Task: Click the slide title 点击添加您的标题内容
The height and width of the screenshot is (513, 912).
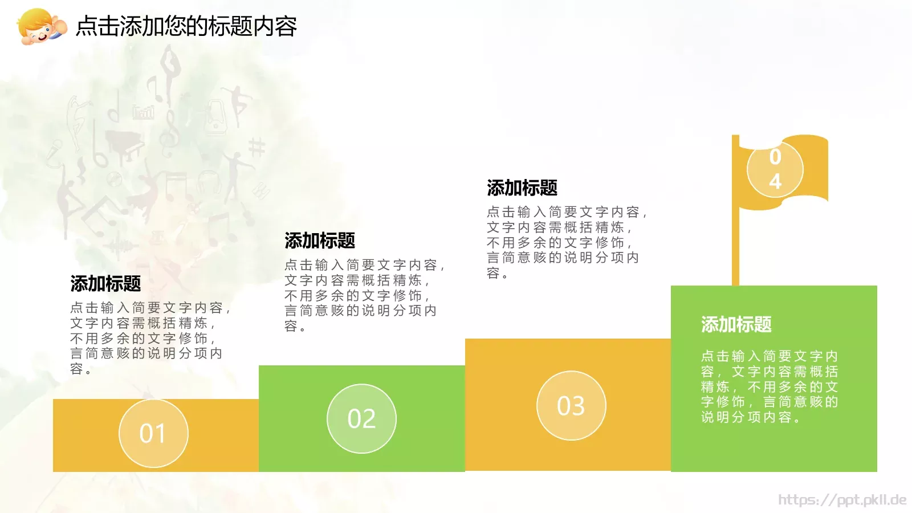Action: tap(186, 26)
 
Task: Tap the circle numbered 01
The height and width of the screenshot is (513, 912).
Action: tap(153, 433)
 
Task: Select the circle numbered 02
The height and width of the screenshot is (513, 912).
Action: tap(361, 418)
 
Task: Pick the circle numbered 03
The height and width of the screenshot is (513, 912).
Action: tap(571, 405)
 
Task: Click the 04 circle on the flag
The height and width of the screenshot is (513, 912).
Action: tap(775, 169)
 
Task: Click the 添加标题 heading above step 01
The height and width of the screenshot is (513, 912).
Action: tap(105, 283)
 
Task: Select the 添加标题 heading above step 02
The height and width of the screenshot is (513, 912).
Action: tap(320, 241)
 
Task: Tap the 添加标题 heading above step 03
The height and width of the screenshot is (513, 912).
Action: tap(522, 188)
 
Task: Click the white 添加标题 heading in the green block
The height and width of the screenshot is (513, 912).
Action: tap(736, 324)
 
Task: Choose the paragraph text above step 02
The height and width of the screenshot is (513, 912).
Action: tap(364, 295)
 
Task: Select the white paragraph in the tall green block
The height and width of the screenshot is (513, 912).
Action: tap(769, 386)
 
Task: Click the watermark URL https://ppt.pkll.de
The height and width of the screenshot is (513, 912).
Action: tap(842, 500)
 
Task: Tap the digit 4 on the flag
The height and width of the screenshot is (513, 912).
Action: tap(775, 181)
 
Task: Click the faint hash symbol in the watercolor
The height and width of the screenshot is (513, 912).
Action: tap(257, 147)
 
